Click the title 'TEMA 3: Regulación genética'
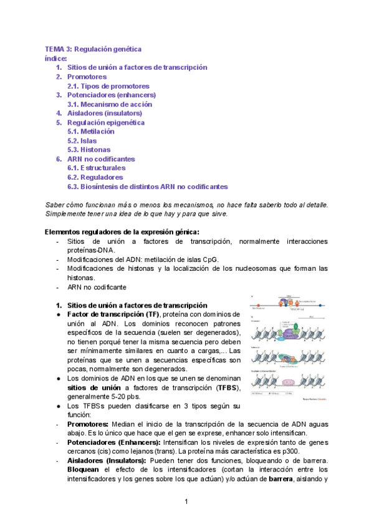tap(93, 49)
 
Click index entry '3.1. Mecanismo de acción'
tap(110, 104)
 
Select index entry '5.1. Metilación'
tap(91, 132)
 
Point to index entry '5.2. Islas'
tap(82, 141)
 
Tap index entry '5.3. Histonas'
tap(89, 150)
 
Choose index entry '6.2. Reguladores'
tap(96, 177)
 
